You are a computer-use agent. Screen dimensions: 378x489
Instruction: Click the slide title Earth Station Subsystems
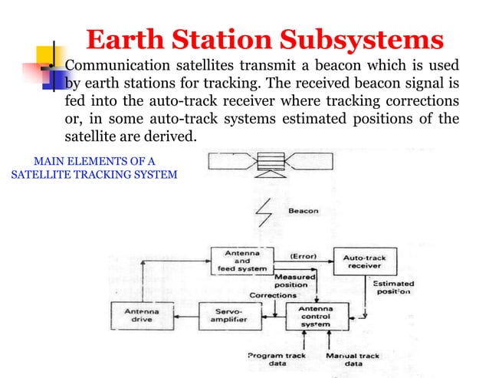pyautogui.click(x=264, y=39)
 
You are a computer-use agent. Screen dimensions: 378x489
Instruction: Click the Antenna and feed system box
pyautogui.click(x=241, y=261)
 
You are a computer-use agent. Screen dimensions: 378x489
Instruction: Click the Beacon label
pyautogui.click(x=303, y=209)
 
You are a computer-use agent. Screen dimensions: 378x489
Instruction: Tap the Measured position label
pyautogui.click(x=290, y=281)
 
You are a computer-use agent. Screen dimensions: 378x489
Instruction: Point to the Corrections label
pyautogui.click(x=272, y=294)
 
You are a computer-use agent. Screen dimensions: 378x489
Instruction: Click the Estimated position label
pyautogui.click(x=392, y=287)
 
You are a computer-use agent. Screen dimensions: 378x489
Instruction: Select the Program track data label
pyautogui.click(x=276, y=359)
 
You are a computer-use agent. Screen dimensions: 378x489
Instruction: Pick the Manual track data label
pyautogui.click(x=353, y=359)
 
